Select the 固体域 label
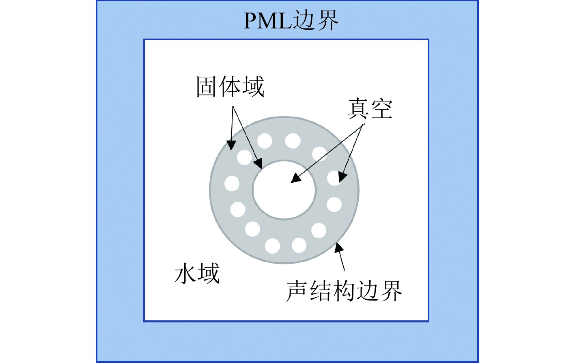point(230,86)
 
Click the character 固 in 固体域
point(207,86)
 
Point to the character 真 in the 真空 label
point(358,109)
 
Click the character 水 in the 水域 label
point(186,273)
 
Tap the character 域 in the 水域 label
point(209,273)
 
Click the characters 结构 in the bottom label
point(332,291)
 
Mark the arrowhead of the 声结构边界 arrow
point(338,247)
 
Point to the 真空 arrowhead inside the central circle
point(296,178)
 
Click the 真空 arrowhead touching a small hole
point(342,177)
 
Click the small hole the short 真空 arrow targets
point(335,178)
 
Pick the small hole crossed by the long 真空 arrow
point(319,154)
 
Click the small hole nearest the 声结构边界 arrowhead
point(319,230)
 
